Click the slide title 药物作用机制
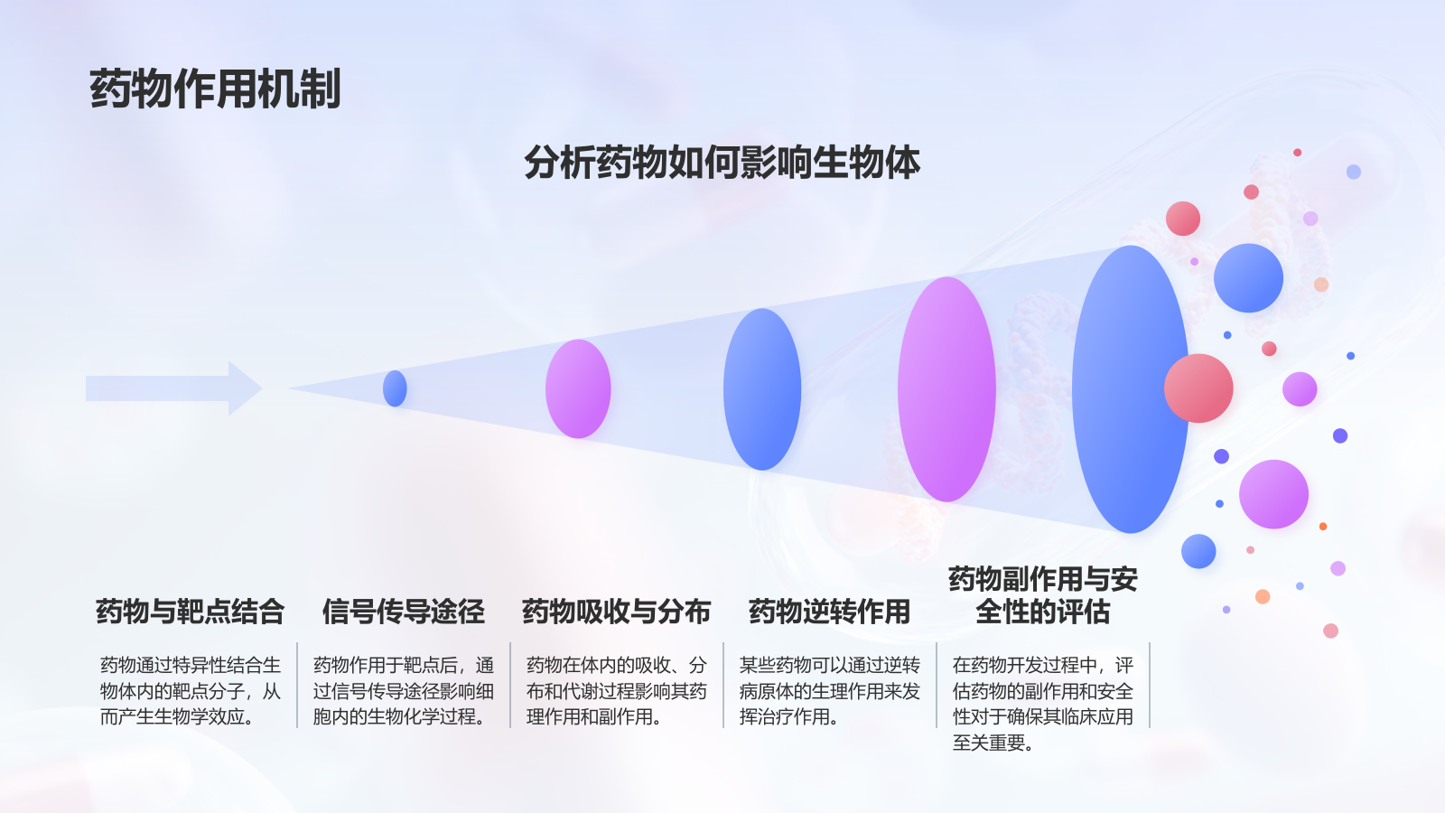click(x=215, y=89)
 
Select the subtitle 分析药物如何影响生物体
click(x=722, y=163)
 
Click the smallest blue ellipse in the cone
click(x=395, y=388)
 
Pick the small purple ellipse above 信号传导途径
click(x=578, y=388)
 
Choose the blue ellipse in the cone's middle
click(x=762, y=389)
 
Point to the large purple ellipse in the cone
click(x=946, y=389)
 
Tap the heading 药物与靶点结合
click(x=190, y=612)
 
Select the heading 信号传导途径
click(x=403, y=612)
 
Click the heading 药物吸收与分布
click(x=616, y=612)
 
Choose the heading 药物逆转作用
click(x=829, y=612)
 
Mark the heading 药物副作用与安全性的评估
click(x=1042, y=595)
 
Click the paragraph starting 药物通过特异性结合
click(x=190, y=691)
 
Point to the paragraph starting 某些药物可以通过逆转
click(x=829, y=691)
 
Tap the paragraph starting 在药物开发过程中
click(x=1042, y=704)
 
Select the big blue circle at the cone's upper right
click(x=1248, y=278)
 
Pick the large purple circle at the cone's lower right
click(x=1273, y=494)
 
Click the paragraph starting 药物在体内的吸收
click(x=616, y=691)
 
